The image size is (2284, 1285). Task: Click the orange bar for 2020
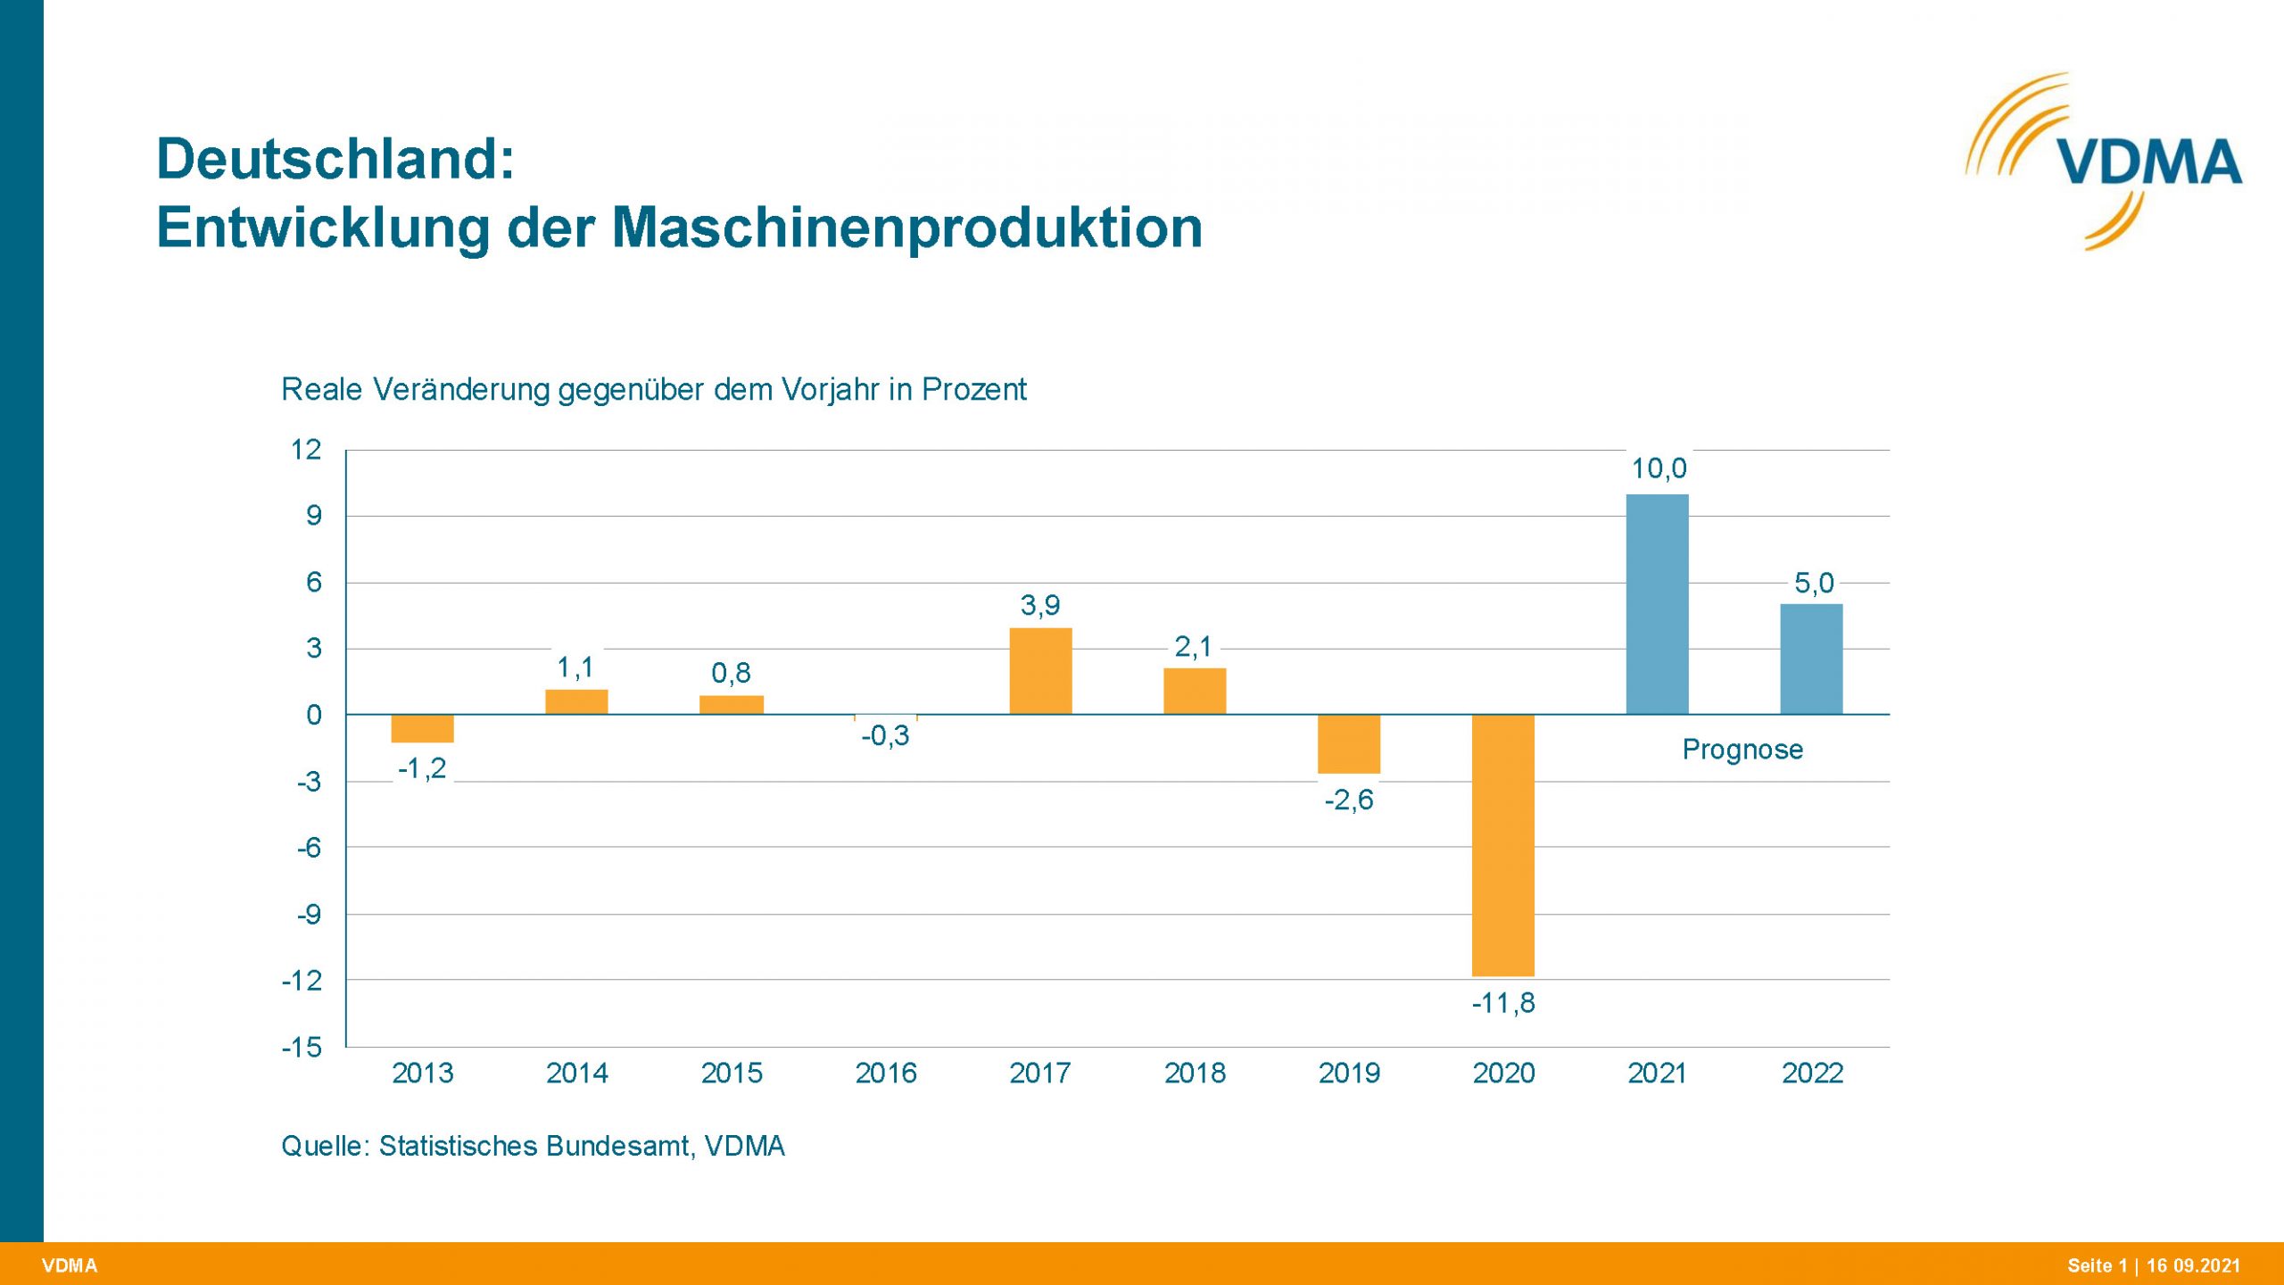click(x=1503, y=844)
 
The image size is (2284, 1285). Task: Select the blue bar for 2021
click(x=1658, y=604)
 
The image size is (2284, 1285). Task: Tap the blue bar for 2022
click(x=1811, y=659)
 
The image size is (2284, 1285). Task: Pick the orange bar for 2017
click(x=1040, y=671)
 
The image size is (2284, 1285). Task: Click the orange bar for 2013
click(x=422, y=728)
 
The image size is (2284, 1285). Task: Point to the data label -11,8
click(x=1503, y=1003)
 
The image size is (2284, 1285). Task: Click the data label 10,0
click(x=1659, y=468)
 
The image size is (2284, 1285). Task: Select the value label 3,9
click(x=1040, y=605)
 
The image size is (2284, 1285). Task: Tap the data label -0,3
click(x=885, y=735)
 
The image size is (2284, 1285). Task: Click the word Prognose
click(x=1742, y=750)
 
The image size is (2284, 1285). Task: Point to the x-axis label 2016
click(x=885, y=1073)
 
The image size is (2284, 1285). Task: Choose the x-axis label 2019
click(x=1349, y=1073)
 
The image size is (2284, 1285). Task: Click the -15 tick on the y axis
click(x=302, y=1047)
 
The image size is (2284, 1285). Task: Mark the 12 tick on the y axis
click(x=305, y=449)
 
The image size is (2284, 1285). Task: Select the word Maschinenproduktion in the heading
click(x=906, y=228)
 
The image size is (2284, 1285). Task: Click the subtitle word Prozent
click(x=974, y=390)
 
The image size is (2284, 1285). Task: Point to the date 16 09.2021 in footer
click(x=2193, y=1265)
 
